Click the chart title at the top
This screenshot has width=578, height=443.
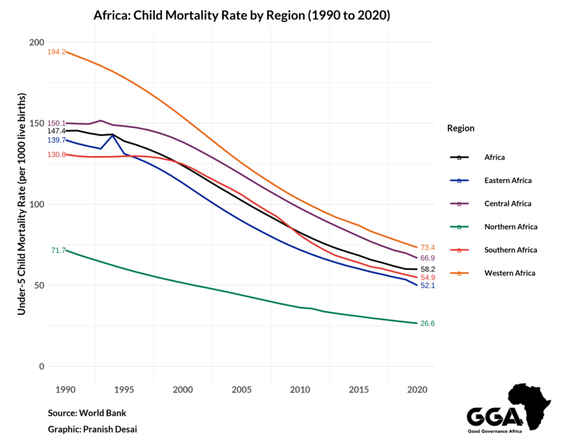pos(242,16)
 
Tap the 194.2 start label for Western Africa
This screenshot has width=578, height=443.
pos(56,52)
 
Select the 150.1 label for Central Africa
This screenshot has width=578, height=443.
pos(56,123)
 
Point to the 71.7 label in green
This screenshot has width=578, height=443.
pos(59,250)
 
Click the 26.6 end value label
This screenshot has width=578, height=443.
pos(427,323)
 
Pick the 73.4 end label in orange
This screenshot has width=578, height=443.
pos(427,247)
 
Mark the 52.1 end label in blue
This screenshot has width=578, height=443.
pos(427,286)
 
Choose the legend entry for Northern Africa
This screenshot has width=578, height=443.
pos(510,227)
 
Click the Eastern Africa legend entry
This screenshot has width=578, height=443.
pos(507,181)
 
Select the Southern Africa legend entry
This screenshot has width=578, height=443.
pos(510,250)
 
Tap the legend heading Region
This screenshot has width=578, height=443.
pos(461,128)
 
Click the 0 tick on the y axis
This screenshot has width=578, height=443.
pos(41,367)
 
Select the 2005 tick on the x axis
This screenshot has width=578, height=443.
pos(242,390)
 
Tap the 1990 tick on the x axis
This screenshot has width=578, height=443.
pos(66,390)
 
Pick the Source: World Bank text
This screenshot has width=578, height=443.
pos(87,413)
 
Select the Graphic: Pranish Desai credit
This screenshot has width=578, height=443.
pos(92,429)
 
